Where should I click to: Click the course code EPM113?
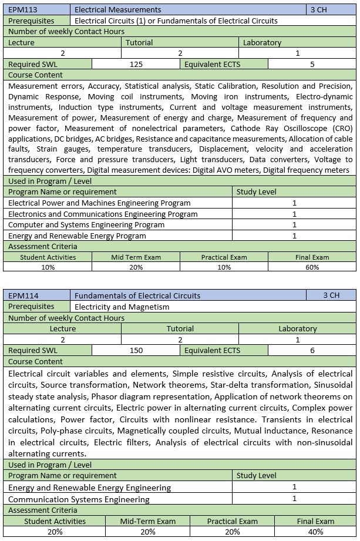[22, 10]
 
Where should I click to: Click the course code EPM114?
[22, 295]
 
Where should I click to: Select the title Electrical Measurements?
[117, 10]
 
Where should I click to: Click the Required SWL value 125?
[136, 64]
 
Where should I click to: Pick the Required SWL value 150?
[136, 351]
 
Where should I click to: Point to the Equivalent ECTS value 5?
[312, 64]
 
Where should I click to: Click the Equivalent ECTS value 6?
[312, 351]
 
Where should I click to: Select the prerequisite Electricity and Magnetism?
[122, 307]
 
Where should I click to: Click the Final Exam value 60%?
[312, 267]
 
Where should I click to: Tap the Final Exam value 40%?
[315, 532]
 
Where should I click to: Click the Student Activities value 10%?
[48, 267]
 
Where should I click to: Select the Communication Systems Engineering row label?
[79, 499]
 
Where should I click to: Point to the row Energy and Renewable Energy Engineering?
[90, 488]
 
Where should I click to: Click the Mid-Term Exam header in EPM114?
[148, 521]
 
